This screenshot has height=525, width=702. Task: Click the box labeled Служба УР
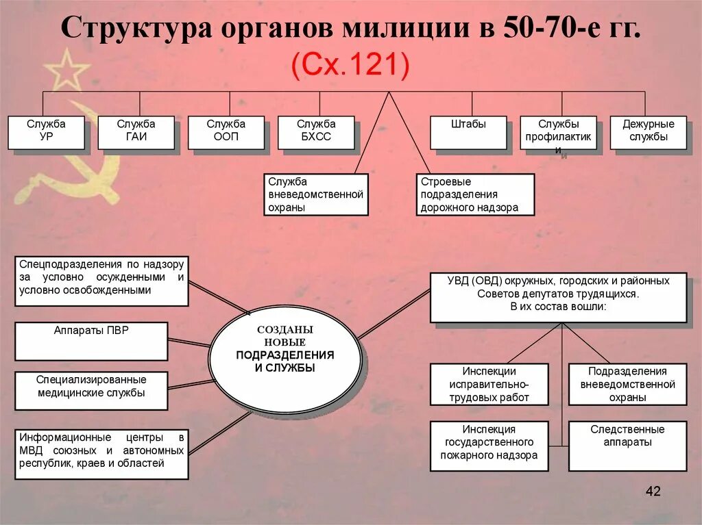point(46,132)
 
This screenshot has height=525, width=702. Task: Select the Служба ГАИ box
point(136,132)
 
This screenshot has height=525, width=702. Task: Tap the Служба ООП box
point(226,132)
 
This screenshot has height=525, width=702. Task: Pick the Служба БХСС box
point(316,132)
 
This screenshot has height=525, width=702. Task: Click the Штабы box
point(468,132)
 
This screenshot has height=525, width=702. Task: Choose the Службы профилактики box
point(558,132)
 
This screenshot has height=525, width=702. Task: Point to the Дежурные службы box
point(648,132)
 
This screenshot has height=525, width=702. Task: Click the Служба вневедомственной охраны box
point(316,194)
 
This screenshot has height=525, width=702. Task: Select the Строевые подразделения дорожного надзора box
point(475,194)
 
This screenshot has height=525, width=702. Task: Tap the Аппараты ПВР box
point(91,341)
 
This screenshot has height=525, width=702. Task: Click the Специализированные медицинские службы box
point(91,390)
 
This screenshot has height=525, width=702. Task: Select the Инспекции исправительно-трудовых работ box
point(489,384)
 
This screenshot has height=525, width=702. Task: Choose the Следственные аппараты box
point(627,446)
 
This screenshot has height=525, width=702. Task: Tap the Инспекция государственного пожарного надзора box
point(489,446)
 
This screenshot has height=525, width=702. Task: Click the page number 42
point(653,491)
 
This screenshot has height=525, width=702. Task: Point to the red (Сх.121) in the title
point(350,66)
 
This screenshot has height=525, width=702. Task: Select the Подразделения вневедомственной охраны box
point(627,384)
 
